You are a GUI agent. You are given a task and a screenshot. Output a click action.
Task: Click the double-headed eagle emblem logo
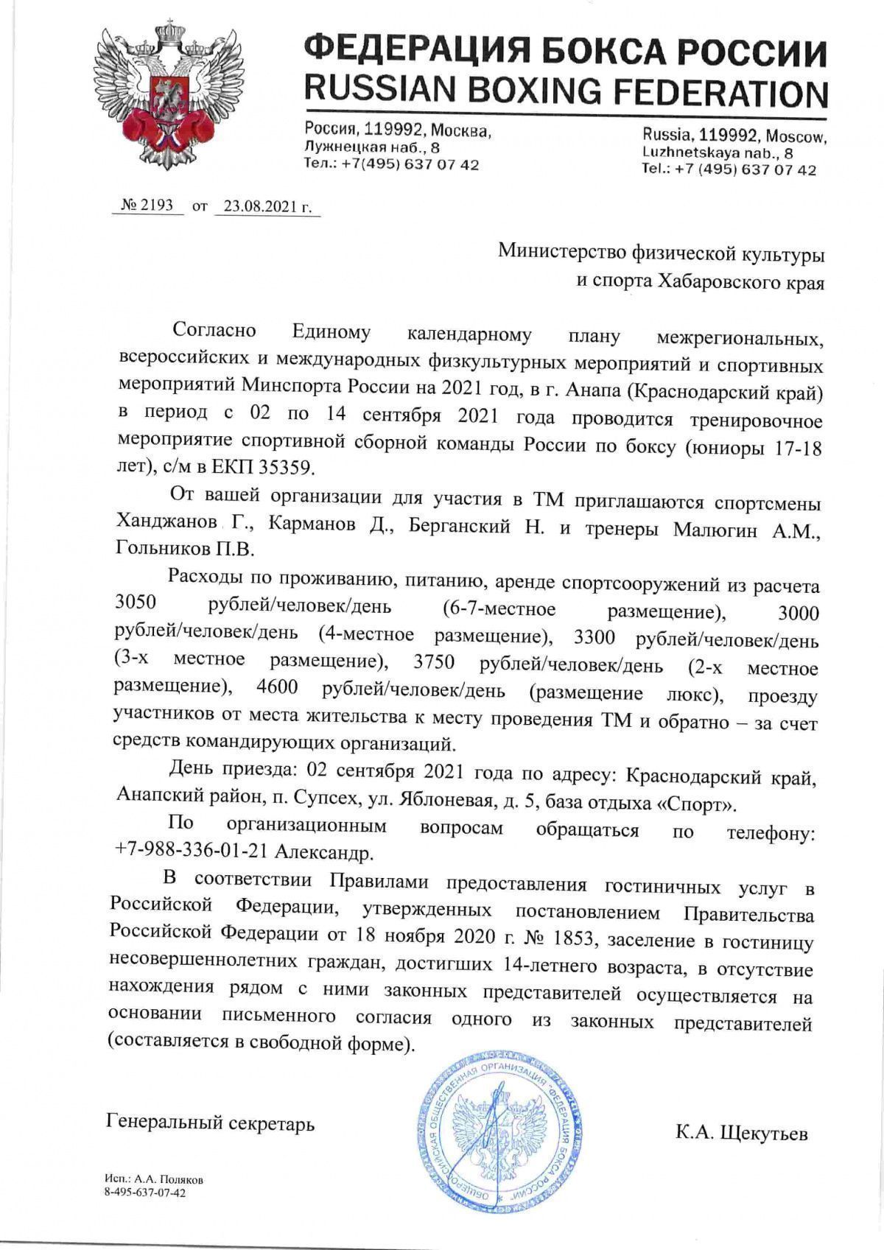(167, 94)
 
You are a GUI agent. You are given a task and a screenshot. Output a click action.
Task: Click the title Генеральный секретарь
(211, 1123)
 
